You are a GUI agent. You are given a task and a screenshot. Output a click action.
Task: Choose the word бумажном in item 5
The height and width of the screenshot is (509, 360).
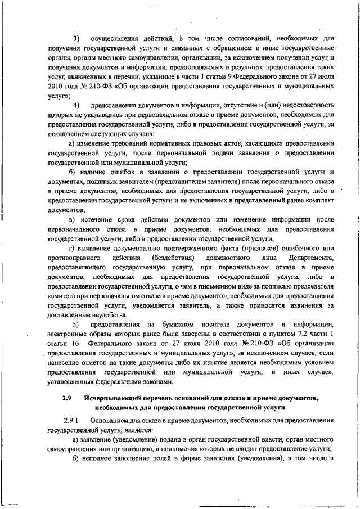coord(178,325)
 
